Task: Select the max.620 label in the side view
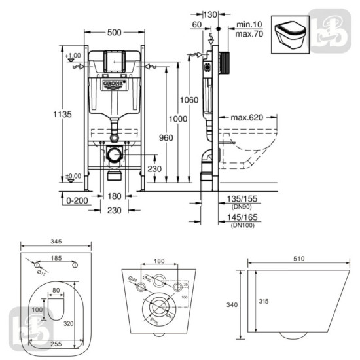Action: [247, 118]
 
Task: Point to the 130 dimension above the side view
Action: [210, 14]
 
